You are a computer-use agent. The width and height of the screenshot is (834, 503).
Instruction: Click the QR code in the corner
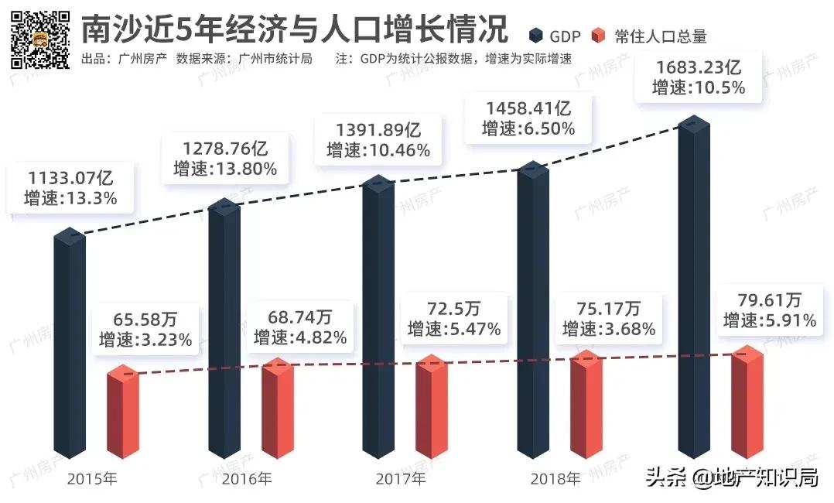tap(39, 38)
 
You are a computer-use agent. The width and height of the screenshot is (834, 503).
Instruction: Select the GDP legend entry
tap(555, 36)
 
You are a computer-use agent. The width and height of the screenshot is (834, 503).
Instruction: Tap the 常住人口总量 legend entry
tap(649, 36)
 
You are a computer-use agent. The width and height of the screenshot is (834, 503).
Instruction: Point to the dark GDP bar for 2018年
tap(533, 310)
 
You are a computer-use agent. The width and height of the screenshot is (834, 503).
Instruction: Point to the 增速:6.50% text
tap(528, 129)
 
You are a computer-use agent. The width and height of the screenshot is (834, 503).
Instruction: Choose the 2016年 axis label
tap(247, 479)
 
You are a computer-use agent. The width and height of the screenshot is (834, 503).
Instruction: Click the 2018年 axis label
tap(555, 479)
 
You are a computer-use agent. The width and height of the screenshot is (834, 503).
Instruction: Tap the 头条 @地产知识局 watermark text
tap(732, 477)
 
